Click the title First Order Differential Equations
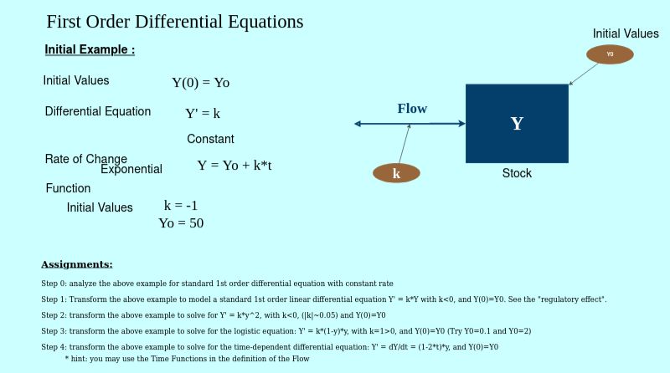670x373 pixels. (x=175, y=22)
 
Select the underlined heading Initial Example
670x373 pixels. (x=90, y=49)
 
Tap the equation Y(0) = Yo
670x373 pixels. (x=201, y=82)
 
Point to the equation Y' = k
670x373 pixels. (x=203, y=113)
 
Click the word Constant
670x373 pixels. (x=210, y=139)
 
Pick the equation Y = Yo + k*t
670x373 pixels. (x=234, y=165)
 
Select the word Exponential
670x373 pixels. (x=131, y=170)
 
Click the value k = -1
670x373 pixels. (x=181, y=205)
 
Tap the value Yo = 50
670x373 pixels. (x=181, y=222)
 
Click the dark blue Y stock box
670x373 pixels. (x=517, y=123)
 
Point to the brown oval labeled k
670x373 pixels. (x=396, y=173)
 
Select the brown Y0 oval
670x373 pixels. (x=610, y=54)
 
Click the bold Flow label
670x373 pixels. (x=412, y=109)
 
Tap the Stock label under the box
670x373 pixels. (x=517, y=173)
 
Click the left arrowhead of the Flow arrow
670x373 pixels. (x=358, y=124)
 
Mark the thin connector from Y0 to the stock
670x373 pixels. (x=583, y=74)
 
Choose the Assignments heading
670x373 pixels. (x=77, y=264)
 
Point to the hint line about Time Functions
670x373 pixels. (x=187, y=359)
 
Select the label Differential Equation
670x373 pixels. (x=98, y=111)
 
